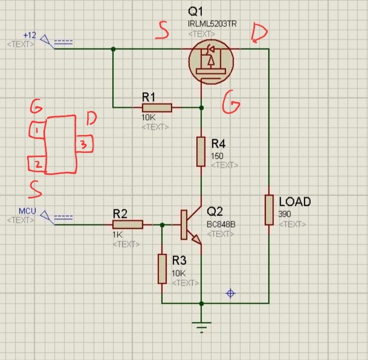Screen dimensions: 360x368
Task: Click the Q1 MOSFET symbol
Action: click(211, 61)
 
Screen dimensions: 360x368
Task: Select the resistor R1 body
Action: click(157, 107)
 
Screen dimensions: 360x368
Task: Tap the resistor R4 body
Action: click(201, 151)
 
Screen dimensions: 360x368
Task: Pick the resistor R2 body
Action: click(127, 224)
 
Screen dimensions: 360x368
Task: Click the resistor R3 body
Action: click(162, 268)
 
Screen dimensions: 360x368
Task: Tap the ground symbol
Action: click(202, 325)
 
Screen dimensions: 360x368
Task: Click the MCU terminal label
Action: click(27, 211)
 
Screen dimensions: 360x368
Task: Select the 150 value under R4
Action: click(217, 155)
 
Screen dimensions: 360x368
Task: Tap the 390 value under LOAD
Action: click(285, 214)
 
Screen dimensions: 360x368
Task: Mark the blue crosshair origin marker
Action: click(231, 293)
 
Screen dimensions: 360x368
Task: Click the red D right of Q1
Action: click(259, 34)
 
